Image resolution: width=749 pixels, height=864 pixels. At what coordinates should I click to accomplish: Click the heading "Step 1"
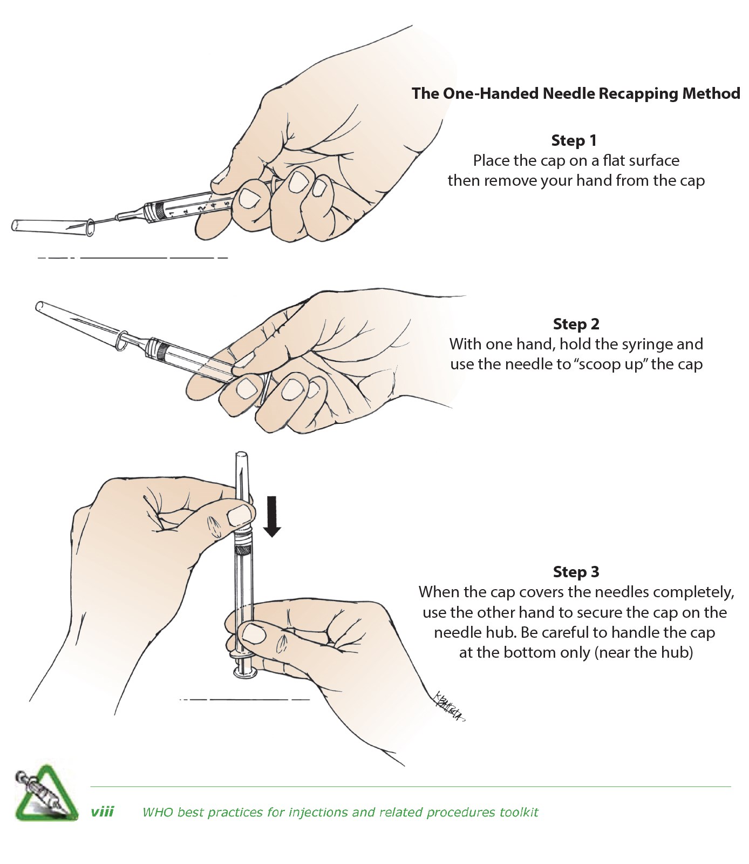[574, 140]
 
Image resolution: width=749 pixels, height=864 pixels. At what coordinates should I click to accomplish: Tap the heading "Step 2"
[576, 324]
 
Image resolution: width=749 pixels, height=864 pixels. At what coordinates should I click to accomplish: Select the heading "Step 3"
[576, 572]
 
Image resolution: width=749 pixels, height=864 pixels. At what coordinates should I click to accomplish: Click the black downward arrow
[273, 516]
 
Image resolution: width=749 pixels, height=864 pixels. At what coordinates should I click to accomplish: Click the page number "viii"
[102, 812]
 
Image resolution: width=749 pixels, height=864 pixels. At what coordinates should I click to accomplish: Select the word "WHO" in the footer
[154, 812]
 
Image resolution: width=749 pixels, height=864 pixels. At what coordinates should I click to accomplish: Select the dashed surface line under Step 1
[133, 258]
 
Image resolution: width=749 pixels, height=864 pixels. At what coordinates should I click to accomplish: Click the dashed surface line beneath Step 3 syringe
[244, 700]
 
